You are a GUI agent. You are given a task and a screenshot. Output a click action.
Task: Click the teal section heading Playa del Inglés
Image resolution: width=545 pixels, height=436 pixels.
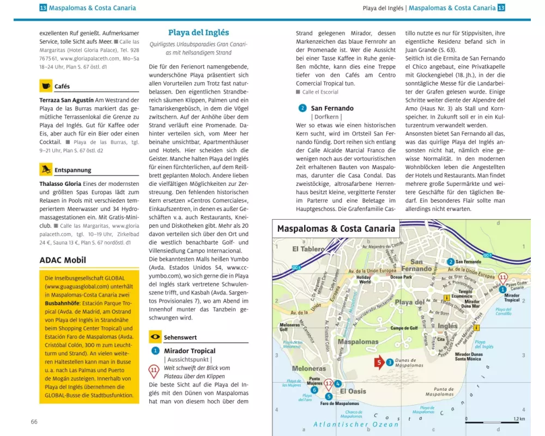pyautogui.click(x=198, y=33)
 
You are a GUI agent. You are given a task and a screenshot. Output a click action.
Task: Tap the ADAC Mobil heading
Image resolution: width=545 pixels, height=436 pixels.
pyautogui.click(x=63, y=260)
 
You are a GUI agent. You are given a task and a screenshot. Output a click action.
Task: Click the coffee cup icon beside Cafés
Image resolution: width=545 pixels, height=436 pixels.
pyautogui.click(x=46, y=86)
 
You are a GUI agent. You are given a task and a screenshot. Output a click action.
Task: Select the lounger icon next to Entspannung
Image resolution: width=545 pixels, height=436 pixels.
pyautogui.click(x=46, y=169)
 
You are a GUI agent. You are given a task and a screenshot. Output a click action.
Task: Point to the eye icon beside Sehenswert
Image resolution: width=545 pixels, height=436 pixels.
pyautogui.click(x=155, y=337)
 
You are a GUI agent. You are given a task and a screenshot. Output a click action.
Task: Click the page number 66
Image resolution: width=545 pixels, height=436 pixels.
pyautogui.click(x=34, y=421)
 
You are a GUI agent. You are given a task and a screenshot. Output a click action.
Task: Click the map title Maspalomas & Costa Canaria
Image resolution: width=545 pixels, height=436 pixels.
pyautogui.click(x=336, y=228)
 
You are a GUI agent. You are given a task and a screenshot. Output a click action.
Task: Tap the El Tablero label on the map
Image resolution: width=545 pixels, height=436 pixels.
pyautogui.click(x=308, y=250)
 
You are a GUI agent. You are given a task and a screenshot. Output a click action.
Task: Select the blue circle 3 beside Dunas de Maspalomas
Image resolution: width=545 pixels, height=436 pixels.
pyautogui.click(x=390, y=362)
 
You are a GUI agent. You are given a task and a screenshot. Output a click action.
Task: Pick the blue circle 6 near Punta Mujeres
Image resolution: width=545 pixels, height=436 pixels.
pyautogui.click(x=314, y=390)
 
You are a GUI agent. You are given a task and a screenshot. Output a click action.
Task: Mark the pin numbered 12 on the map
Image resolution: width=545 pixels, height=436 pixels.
pyautogui.click(x=328, y=384)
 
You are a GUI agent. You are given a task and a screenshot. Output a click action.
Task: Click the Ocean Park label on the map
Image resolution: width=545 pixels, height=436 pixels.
pyautogui.click(x=401, y=277)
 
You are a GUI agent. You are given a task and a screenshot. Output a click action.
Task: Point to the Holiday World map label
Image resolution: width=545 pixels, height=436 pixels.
pyautogui.click(x=364, y=279)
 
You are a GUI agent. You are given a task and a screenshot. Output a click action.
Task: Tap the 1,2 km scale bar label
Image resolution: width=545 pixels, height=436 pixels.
pyautogui.click(x=519, y=419)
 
